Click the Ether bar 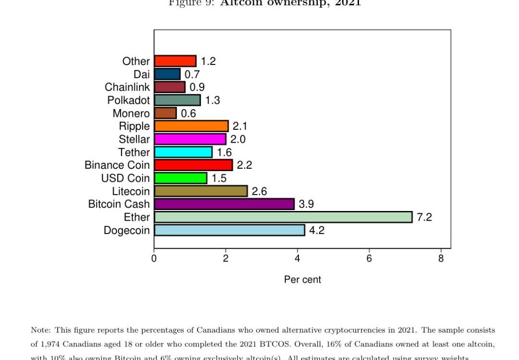point(283,217)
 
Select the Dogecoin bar point(229,230)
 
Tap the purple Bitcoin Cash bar point(224,204)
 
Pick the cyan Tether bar point(183,152)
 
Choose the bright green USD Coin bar point(181,178)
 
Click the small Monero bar point(165,113)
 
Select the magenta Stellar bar point(190,139)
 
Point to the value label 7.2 point(424,217)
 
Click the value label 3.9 point(306,204)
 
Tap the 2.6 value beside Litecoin point(259,191)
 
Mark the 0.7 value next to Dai point(192,74)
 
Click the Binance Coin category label point(117,165)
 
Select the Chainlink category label point(127,87)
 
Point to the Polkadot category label point(128,100)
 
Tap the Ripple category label point(135,126)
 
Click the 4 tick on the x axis point(297,259)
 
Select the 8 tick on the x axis point(441,259)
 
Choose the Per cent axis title point(302,280)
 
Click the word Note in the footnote point(40,330)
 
